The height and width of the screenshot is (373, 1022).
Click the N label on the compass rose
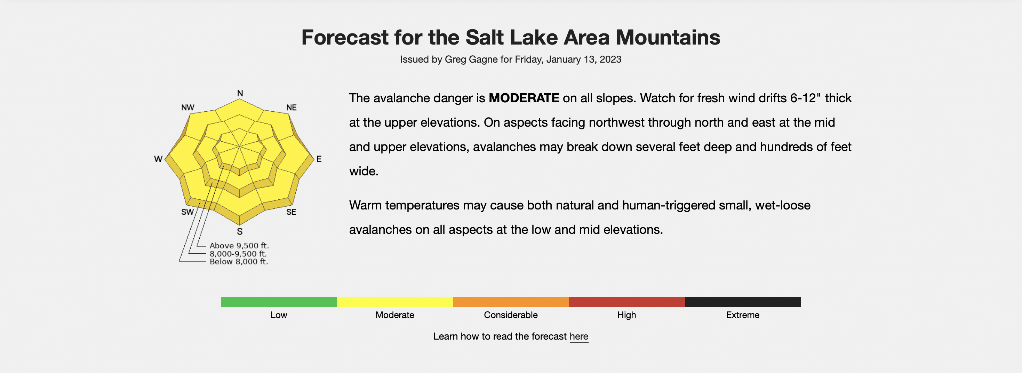(240, 93)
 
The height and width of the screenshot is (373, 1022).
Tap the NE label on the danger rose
(291, 108)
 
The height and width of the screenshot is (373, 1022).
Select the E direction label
(319, 159)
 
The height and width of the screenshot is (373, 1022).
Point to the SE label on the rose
(291, 212)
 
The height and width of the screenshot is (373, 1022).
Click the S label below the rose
(240, 231)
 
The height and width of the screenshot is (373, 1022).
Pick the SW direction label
(187, 212)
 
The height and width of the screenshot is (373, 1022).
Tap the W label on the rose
(158, 159)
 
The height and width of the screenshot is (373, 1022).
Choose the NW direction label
(187, 108)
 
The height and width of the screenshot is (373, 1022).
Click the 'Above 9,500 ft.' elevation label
(239, 246)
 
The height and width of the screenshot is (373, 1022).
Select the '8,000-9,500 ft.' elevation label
(238, 254)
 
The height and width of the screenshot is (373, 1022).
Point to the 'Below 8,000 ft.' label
(239, 262)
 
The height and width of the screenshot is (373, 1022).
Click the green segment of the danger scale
(279, 302)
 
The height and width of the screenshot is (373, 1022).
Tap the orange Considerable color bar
(511, 302)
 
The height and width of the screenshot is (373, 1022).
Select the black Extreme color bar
(743, 302)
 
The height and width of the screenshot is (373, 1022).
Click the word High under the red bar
(626, 315)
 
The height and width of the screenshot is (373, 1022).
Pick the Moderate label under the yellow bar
(395, 315)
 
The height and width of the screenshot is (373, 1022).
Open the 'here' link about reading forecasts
(579, 336)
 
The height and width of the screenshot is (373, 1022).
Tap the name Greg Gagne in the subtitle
(471, 59)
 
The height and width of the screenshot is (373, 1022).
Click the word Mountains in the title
(668, 37)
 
